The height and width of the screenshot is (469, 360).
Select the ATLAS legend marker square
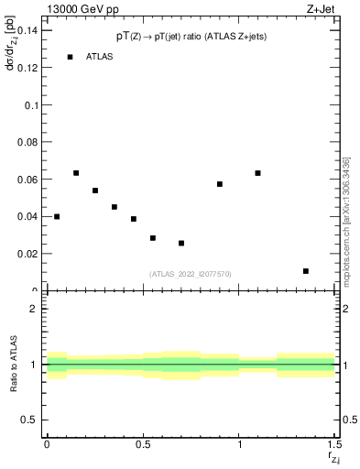point(70,57)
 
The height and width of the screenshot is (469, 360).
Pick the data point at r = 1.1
point(258,173)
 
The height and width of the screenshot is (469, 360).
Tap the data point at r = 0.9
point(220,184)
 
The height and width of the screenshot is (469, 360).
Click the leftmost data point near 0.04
point(57,216)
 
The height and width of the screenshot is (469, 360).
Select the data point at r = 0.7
point(181,243)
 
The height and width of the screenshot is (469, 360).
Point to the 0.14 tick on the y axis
point(29,31)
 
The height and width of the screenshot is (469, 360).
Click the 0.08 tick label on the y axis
point(29,142)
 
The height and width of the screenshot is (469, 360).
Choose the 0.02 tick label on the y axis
point(29,254)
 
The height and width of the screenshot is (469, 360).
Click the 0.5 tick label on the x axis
point(143,444)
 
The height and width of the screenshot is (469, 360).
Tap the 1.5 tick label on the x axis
point(334,444)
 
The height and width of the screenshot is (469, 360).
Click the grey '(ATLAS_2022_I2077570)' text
point(191,273)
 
